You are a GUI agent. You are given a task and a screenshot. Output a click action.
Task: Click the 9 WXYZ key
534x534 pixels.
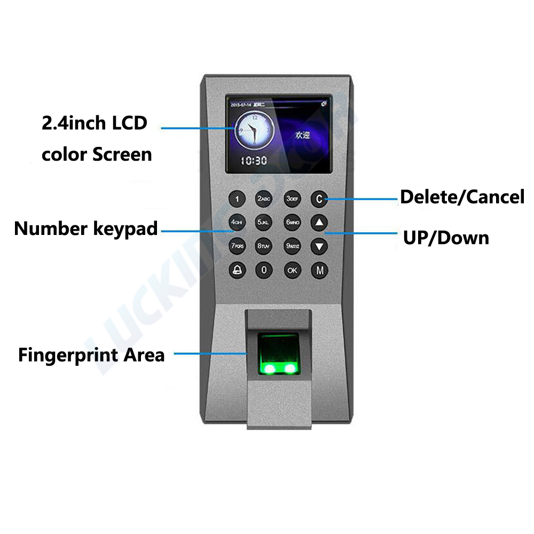pyautogui.click(x=292, y=246)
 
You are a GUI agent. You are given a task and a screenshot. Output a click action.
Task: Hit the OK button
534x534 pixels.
pyautogui.click(x=292, y=270)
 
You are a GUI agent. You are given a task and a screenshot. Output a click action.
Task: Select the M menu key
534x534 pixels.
pyautogui.click(x=319, y=270)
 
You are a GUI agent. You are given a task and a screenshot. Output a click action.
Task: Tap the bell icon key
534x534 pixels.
pyautogui.click(x=237, y=270)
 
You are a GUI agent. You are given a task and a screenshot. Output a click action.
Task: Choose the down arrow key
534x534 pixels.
pyautogui.click(x=319, y=246)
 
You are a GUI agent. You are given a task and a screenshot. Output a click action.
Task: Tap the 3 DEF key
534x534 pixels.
pyautogui.click(x=292, y=199)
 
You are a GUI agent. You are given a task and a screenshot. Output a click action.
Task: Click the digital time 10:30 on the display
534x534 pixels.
pyautogui.click(x=253, y=160)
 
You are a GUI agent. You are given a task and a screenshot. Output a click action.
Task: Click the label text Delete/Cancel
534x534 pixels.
pyautogui.click(x=462, y=197)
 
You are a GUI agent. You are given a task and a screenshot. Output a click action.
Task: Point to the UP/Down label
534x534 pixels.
pyautogui.click(x=446, y=238)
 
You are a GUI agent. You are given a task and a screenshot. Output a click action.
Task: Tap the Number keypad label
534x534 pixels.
pyautogui.click(x=86, y=229)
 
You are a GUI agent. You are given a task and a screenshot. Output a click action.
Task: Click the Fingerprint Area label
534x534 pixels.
pyautogui.click(x=91, y=355)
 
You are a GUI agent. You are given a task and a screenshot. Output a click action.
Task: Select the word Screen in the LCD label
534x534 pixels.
pyautogui.click(x=122, y=154)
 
